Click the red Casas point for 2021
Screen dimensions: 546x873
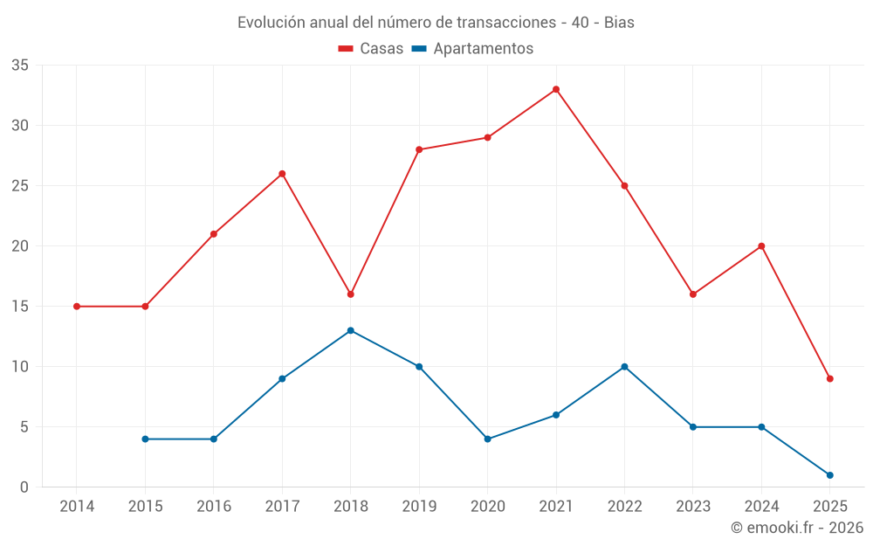556,89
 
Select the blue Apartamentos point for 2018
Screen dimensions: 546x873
350,330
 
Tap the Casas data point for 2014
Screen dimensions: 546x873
77,307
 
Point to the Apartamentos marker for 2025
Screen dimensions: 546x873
829,475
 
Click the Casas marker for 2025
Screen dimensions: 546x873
829,378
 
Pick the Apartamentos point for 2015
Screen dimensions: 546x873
145,439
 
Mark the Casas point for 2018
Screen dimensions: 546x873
350,294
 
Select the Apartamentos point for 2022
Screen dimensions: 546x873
624,367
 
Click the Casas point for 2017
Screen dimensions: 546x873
282,174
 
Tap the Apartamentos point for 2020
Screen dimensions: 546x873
487,439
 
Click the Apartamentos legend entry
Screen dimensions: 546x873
483,49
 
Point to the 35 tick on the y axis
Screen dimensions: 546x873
20,66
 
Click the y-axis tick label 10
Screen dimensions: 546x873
20,367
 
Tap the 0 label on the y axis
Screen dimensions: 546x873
24,487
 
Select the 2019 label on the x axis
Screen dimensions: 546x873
419,507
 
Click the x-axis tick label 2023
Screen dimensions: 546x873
693,507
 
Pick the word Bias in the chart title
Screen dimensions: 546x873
619,23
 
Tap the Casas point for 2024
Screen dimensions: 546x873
761,246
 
